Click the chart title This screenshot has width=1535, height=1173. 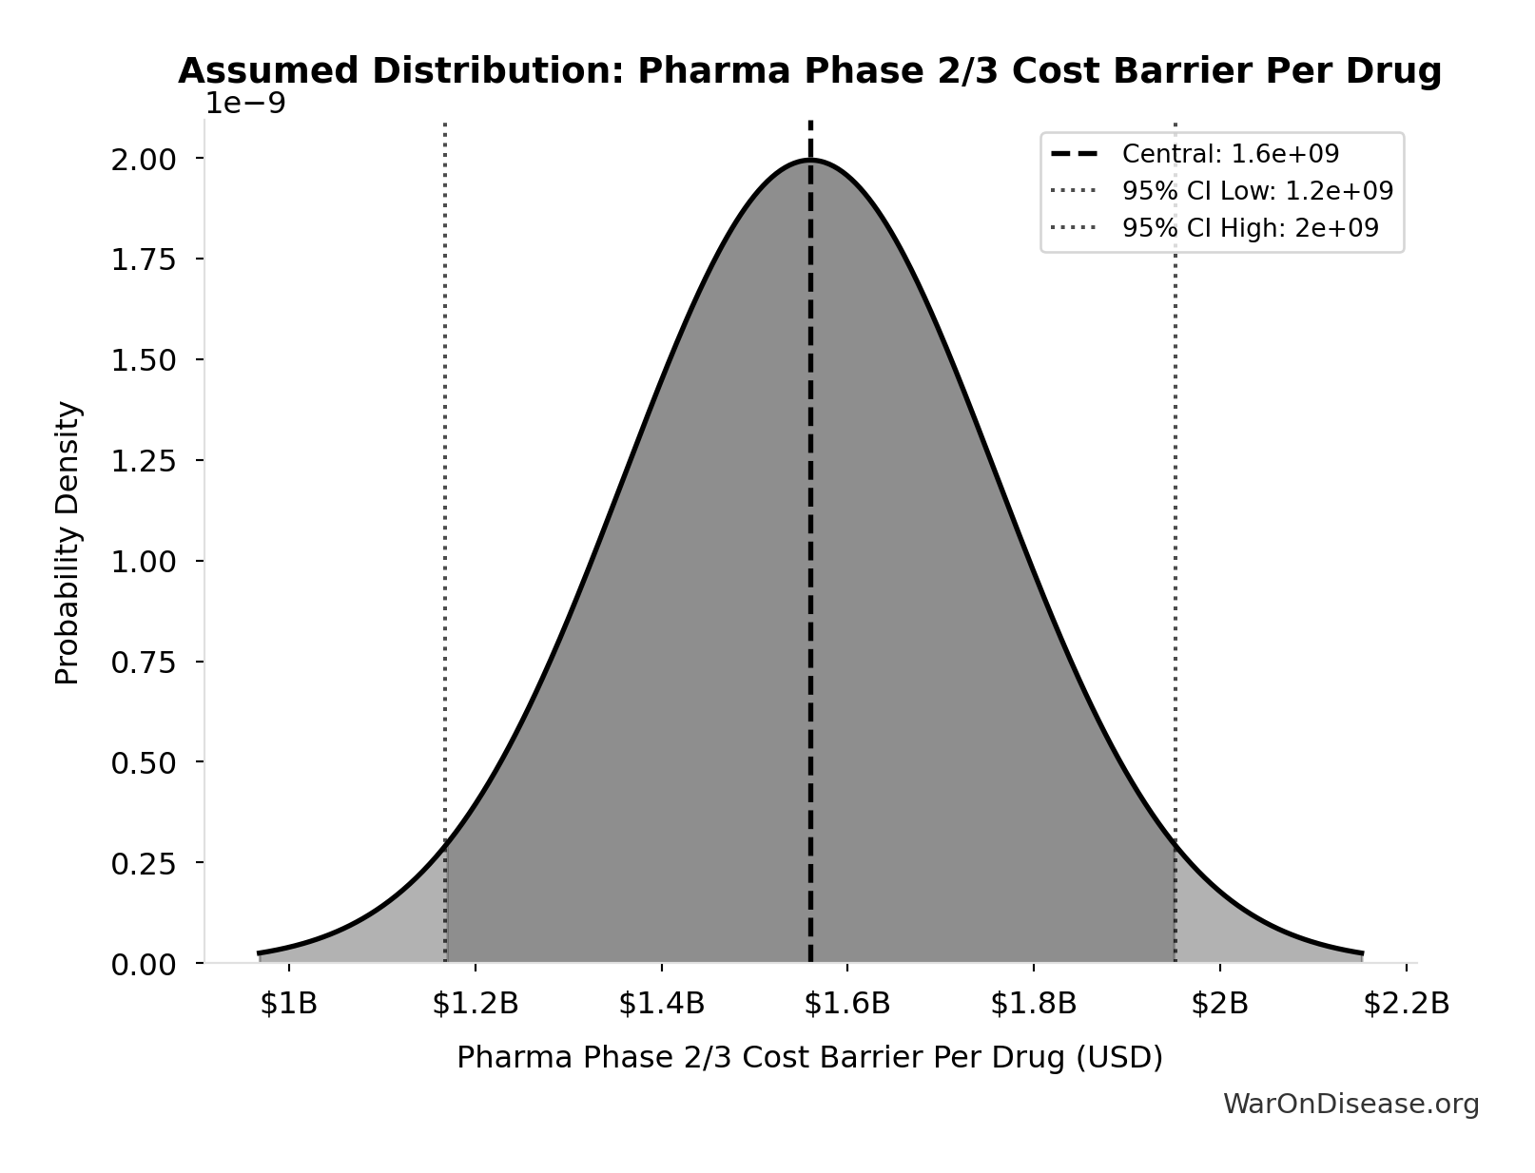pyautogui.click(x=809, y=71)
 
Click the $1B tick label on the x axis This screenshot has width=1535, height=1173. pyautogui.click(x=289, y=1004)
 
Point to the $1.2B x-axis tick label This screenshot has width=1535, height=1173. pyautogui.click(x=476, y=1004)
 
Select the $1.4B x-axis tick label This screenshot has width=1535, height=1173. pyautogui.click(x=662, y=1004)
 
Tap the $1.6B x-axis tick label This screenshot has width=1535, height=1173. pyautogui.click(x=847, y=1004)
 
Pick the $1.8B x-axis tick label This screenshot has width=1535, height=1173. pyautogui.click(x=1034, y=1004)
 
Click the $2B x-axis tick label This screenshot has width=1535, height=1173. pyautogui.click(x=1220, y=1004)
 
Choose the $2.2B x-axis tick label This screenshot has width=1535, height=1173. pyautogui.click(x=1406, y=1004)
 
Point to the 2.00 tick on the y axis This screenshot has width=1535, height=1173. pyautogui.click(x=144, y=159)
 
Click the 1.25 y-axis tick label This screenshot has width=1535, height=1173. pyautogui.click(x=144, y=461)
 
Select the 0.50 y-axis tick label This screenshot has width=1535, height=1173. pyautogui.click(x=144, y=763)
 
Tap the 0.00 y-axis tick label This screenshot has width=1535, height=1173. pyautogui.click(x=144, y=965)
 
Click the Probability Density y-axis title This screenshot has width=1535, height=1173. pyautogui.click(x=68, y=543)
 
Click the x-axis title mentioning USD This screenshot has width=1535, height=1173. pyautogui.click(x=809, y=1058)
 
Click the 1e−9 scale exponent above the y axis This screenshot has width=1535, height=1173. pyautogui.click(x=245, y=104)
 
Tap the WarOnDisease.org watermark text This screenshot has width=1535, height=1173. pyautogui.click(x=1350, y=1104)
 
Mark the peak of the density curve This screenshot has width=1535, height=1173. pyautogui.click(x=810, y=160)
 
